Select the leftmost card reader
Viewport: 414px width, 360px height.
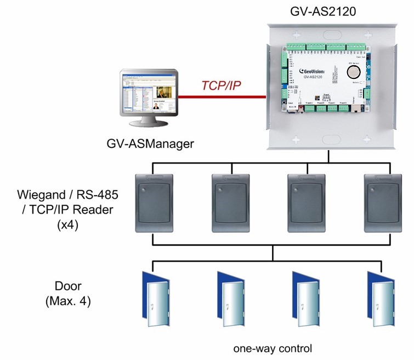point(154,203)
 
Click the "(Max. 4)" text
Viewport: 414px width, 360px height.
point(65,301)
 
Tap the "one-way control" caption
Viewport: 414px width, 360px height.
point(272,348)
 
